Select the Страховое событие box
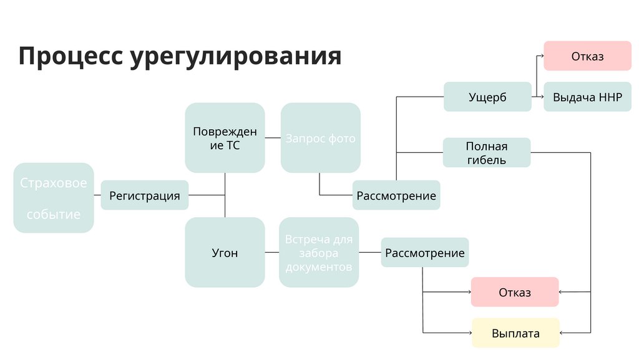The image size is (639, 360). [x=54, y=198]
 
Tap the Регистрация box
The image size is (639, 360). [x=145, y=195]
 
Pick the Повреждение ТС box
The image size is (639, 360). [x=225, y=138]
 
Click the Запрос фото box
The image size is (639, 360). [x=321, y=138]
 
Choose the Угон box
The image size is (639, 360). [x=225, y=253]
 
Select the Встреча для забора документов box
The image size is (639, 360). [x=319, y=253]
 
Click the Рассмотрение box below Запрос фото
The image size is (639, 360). [x=396, y=195]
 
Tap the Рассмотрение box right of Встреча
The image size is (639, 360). [x=425, y=253]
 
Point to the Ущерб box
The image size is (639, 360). [x=487, y=97]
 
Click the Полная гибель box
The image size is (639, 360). [x=487, y=153]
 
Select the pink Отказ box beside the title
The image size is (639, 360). [x=587, y=56]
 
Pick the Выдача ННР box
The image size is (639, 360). [x=587, y=97]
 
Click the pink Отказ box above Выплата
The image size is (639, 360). [x=515, y=292]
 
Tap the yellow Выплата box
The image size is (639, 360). [x=515, y=333]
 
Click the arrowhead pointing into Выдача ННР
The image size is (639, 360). [x=540, y=97]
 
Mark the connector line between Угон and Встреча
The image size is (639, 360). [x=272, y=253]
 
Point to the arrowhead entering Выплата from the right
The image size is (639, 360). [x=562, y=333]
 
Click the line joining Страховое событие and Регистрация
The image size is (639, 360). [x=97, y=195]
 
